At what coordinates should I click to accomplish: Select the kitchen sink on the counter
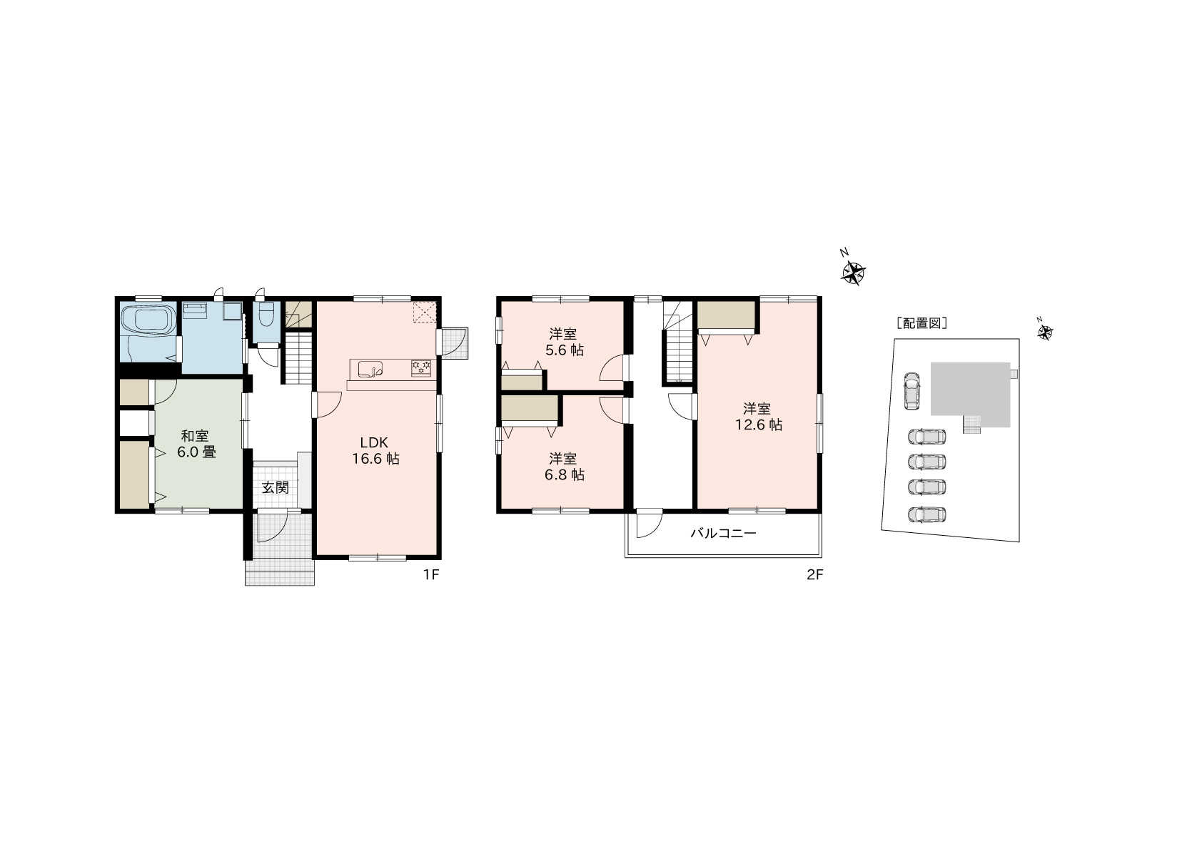pos(370,369)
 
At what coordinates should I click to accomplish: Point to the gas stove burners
pos(420,368)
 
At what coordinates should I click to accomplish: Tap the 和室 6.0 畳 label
pos(196,444)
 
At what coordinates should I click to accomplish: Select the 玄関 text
pos(276,487)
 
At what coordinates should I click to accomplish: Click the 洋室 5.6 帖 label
pos(563,342)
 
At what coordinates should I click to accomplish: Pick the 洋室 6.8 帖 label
pos(563,467)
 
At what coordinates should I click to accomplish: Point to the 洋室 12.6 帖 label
pos(758,417)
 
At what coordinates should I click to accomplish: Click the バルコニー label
pos(723,534)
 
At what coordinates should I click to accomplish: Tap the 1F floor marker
pos(431,575)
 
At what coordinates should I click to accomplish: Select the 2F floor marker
pos(814,575)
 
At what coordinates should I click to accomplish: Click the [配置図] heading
pos(922,323)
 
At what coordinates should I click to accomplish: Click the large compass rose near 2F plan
pos(852,271)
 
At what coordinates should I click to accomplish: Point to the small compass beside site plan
pos(1044,332)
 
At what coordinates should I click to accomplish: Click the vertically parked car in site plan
pos(911,391)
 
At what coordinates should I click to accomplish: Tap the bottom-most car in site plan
pos(926,514)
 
